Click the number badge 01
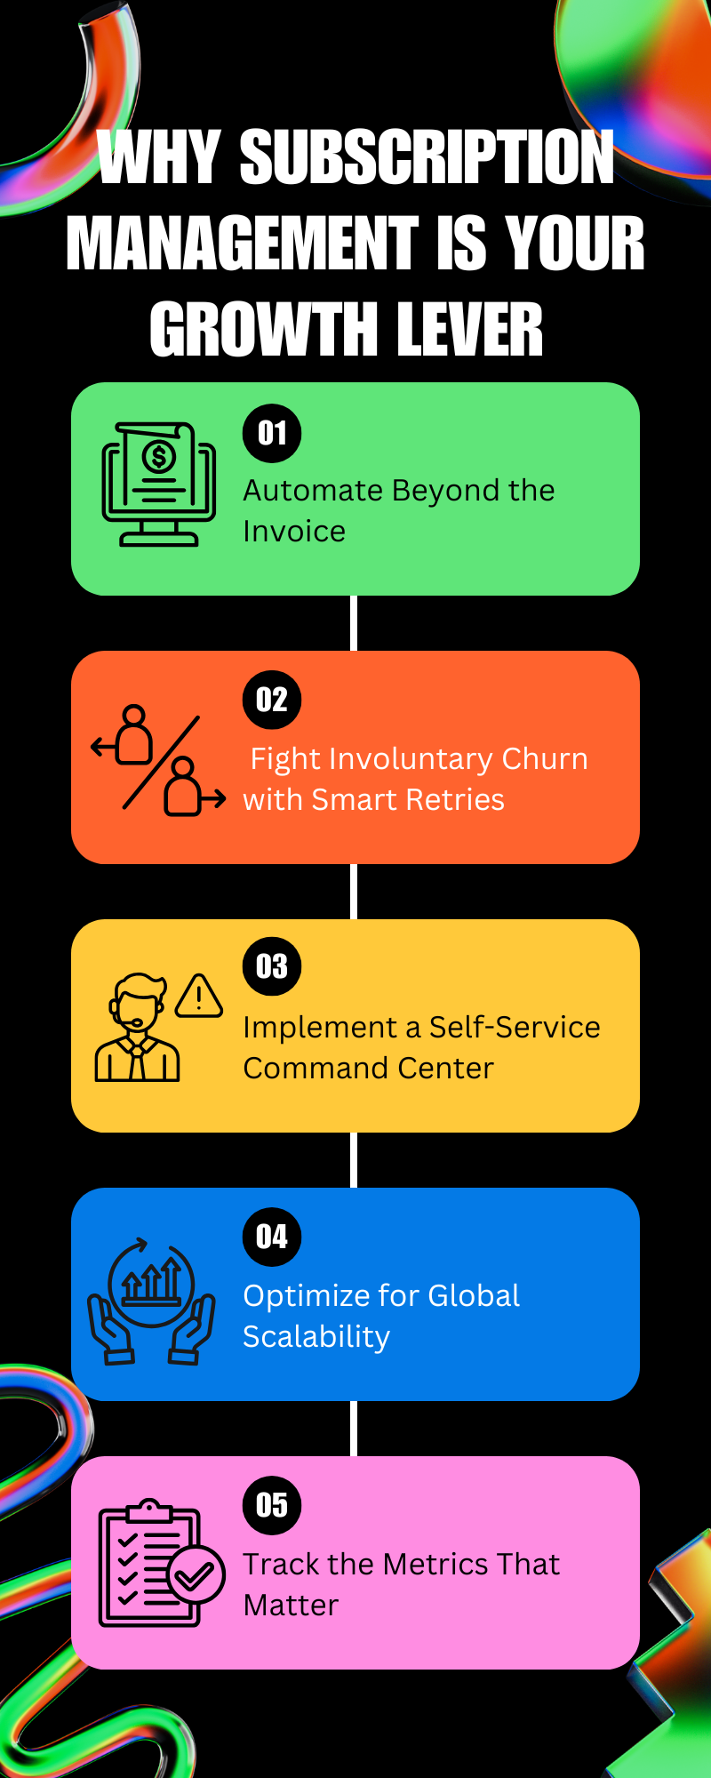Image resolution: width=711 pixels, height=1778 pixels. [272, 433]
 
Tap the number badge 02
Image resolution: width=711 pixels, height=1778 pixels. [272, 700]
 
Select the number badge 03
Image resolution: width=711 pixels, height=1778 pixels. [272, 966]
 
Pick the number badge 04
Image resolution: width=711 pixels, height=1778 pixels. [272, 1237]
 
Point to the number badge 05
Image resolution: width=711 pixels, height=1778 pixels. [272, 1505]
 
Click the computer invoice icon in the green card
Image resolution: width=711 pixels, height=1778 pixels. [159, 485]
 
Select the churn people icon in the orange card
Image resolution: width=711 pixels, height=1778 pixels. [159, 761]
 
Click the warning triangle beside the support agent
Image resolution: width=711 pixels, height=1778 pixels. [199, 997]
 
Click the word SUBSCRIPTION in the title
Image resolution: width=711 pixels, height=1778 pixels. [427, 158]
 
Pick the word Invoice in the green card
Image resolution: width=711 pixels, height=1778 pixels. [294, 532]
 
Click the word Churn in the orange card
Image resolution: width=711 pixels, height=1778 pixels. [544, 759]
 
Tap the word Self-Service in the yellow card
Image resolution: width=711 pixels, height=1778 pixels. [515, 1028]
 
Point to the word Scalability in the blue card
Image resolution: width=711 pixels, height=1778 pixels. [316, 1337]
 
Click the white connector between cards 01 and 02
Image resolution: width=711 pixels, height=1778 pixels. [354, 623]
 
